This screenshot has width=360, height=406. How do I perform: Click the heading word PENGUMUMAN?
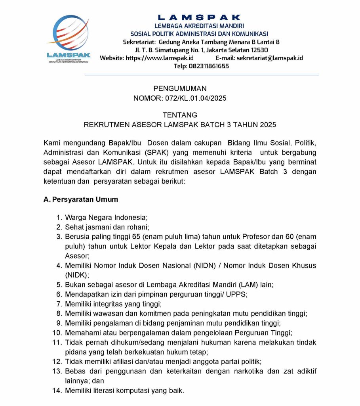[180, 89]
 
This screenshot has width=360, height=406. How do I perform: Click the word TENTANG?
[180, 115]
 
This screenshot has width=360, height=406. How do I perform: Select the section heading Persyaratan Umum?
[85, 199]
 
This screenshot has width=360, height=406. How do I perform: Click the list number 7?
[59, 304]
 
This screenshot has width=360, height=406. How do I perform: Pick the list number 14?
[57, 391]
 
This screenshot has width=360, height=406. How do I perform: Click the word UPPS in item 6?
[236, 294]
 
